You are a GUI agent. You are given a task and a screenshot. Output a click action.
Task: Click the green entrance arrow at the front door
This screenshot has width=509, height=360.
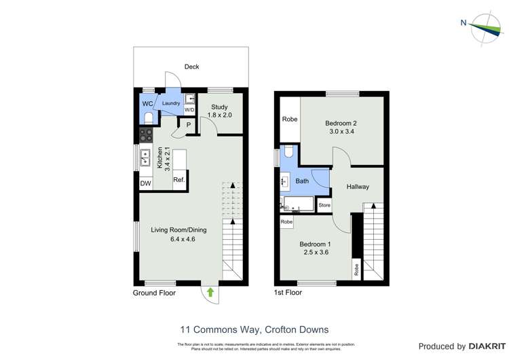pyautogui.click(x=210, y=292)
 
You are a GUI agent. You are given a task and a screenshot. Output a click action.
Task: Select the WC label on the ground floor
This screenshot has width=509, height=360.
pyautogui.click(x=147, y=103)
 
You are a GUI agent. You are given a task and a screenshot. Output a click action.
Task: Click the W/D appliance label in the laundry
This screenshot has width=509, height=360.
pyautogui.click(x=189, y=109)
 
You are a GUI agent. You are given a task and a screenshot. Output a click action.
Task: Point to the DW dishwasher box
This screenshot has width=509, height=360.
pyautogui.click(x=145, y=183)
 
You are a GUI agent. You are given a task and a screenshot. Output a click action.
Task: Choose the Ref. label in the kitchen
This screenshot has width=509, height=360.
pyautogui.click(x=179, y=180)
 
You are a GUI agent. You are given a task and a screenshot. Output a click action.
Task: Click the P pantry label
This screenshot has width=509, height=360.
pyautogui.click(x=188, y=124)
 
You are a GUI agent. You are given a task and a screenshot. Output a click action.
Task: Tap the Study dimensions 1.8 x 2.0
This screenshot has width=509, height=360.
pyautogui.click(x=220, y=115)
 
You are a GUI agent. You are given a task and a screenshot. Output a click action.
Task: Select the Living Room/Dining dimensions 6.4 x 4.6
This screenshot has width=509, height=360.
pyautogui.click(x=178, y=239)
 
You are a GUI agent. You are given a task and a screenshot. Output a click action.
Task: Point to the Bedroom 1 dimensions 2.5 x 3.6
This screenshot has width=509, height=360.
pyautogui.click(x=316, y=253)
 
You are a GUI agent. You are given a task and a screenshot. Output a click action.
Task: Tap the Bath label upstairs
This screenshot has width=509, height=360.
pyautogui.click(x=302, y=181)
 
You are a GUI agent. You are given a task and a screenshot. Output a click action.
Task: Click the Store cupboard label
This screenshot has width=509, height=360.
pyautogui.click(x=324, y=205)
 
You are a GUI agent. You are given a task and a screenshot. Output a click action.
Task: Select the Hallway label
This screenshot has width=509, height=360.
pyautogui.click(x=358, y=186)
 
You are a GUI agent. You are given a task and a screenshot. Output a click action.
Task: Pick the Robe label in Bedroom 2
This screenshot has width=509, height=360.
pyautogui.click(x=290, y=120)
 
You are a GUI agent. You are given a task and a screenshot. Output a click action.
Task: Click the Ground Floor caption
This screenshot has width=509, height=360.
pyautogui.click(x=154, y=293)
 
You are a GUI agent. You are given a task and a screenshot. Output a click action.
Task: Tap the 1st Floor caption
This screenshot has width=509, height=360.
pyautogui.click(x=288, y=293)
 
